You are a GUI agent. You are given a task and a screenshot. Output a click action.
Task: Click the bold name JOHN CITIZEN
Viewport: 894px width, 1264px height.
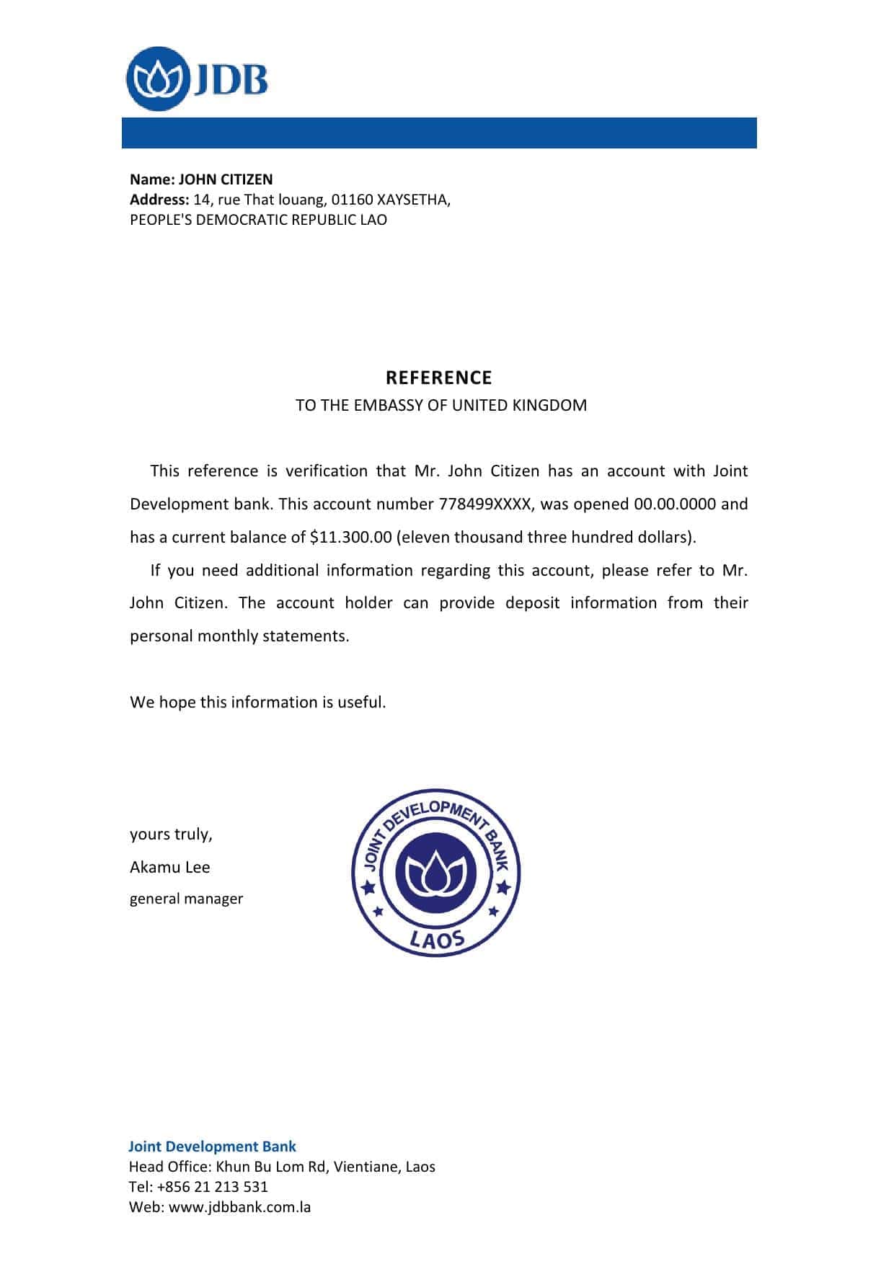tap(226, 179)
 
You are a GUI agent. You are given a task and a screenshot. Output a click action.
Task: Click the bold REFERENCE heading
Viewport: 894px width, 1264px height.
tap(438, 378)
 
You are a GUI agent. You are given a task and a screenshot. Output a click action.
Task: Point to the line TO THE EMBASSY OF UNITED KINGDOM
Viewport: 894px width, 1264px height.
tap(441, 405)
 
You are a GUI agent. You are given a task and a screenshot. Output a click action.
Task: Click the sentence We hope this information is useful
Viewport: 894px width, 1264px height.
tap(258, 702)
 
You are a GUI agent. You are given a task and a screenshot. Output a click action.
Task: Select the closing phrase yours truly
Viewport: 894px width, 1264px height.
tap(171, 834)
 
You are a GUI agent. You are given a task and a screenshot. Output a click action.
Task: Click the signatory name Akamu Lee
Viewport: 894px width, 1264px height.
tap(170, 867)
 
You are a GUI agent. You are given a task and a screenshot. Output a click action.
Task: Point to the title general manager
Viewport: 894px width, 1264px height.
tap(186, 899)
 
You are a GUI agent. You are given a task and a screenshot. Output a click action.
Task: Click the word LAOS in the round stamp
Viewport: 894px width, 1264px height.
tap(437, 938)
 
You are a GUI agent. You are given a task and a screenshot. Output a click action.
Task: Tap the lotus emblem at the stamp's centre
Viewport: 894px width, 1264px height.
tap(436, 873)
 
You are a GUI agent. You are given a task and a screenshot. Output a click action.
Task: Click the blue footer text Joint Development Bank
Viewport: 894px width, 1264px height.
tap(212, 1147)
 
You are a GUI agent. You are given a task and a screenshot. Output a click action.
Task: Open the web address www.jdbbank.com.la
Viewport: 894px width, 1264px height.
tap(239, 1207)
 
